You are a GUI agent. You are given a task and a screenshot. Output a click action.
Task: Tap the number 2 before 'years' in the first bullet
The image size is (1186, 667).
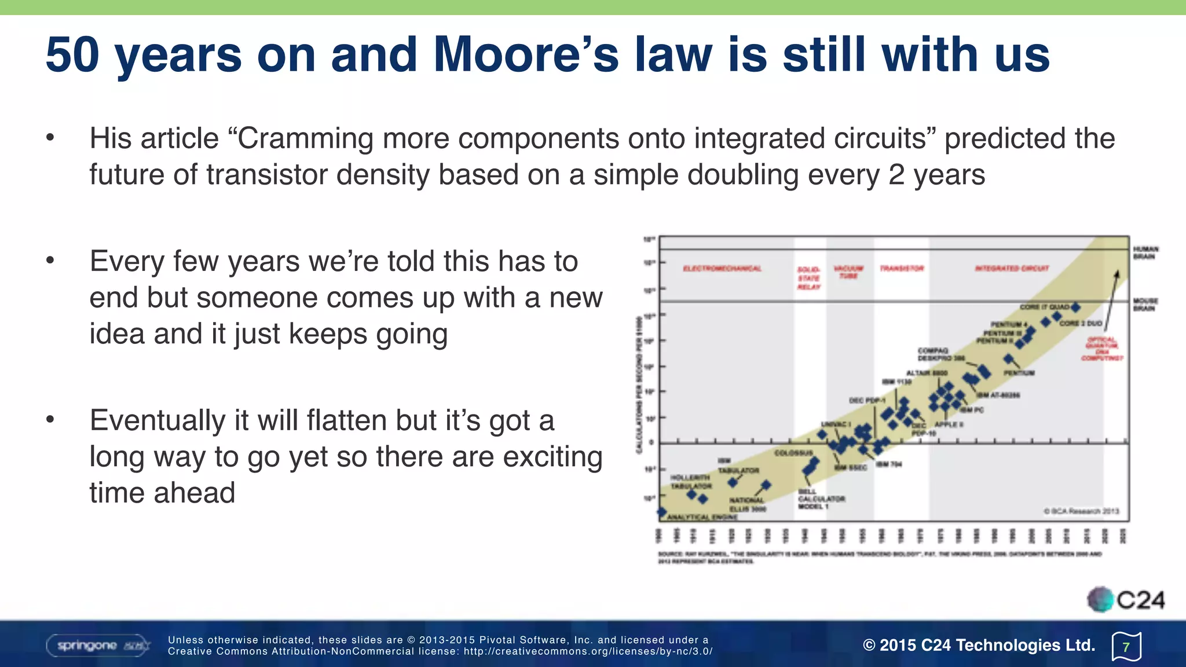(x=896, y=175)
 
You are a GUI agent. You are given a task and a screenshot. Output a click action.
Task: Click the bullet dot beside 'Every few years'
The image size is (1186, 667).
(x=50, y=261)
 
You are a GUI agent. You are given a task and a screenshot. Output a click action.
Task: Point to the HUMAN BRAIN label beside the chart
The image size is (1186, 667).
(x=1145, y=253)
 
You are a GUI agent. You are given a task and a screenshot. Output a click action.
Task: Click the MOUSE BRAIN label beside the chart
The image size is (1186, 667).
(x=1145, y=305)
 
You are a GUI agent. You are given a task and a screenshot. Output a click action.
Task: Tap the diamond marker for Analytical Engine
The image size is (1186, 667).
(x=661, y=512)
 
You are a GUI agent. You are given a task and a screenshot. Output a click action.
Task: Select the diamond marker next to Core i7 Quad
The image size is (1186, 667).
(x=1075, y=307)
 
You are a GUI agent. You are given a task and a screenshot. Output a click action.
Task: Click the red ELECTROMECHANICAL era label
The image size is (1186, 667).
(x=722, y=269)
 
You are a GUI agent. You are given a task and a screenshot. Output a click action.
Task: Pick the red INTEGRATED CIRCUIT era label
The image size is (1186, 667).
(x=1012, y=269)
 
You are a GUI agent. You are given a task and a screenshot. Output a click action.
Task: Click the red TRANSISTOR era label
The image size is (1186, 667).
(x=902, y=269)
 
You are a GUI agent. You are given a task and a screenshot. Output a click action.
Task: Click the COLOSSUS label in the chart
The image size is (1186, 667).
(x=793, y=453)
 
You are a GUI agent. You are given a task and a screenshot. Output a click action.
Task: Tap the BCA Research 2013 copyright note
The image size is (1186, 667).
(x=1081, y=511)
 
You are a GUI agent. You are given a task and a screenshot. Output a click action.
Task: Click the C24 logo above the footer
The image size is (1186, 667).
(x=1126, y=600)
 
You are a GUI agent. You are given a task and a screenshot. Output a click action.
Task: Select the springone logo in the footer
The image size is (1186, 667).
(x=98, y=645)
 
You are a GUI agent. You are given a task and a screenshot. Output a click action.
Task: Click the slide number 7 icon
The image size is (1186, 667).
(x=1126, y=647)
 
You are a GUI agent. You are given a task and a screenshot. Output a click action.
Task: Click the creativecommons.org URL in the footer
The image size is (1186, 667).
(x=588, y=651)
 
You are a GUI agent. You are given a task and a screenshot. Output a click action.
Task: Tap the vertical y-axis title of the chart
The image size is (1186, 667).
(x=639, y=385)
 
